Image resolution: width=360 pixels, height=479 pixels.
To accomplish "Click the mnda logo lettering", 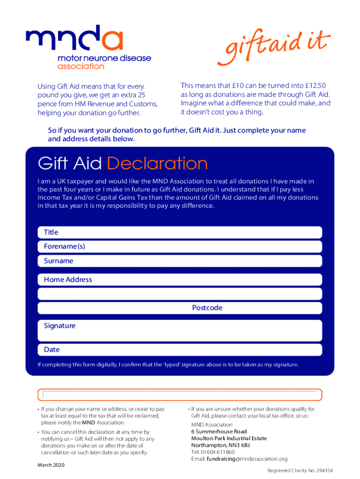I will click(75, 38).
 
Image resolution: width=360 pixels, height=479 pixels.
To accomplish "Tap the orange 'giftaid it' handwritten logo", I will click(273, 48).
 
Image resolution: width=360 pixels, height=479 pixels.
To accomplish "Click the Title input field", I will click(180, 232).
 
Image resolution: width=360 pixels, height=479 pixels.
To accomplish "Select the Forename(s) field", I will click(180, 247).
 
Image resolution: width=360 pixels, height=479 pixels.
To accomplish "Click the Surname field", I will click(180, 261).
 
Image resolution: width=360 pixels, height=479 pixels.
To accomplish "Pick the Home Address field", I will click(180, 280).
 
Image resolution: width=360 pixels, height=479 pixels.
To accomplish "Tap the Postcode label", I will click(207, 308).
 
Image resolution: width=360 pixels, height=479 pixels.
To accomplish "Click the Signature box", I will click(180, 330).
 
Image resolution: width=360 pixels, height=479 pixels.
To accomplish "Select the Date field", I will click(180, 350).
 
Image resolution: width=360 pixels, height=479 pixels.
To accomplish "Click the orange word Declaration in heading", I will click(157, 164).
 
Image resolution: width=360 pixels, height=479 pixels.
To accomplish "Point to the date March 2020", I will click(51, 465).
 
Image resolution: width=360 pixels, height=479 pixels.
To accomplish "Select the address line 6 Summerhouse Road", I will click(218, 431).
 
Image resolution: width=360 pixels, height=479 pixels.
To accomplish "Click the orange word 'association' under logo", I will click(80, 66).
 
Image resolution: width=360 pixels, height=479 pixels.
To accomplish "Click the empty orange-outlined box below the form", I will click(180, 394).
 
